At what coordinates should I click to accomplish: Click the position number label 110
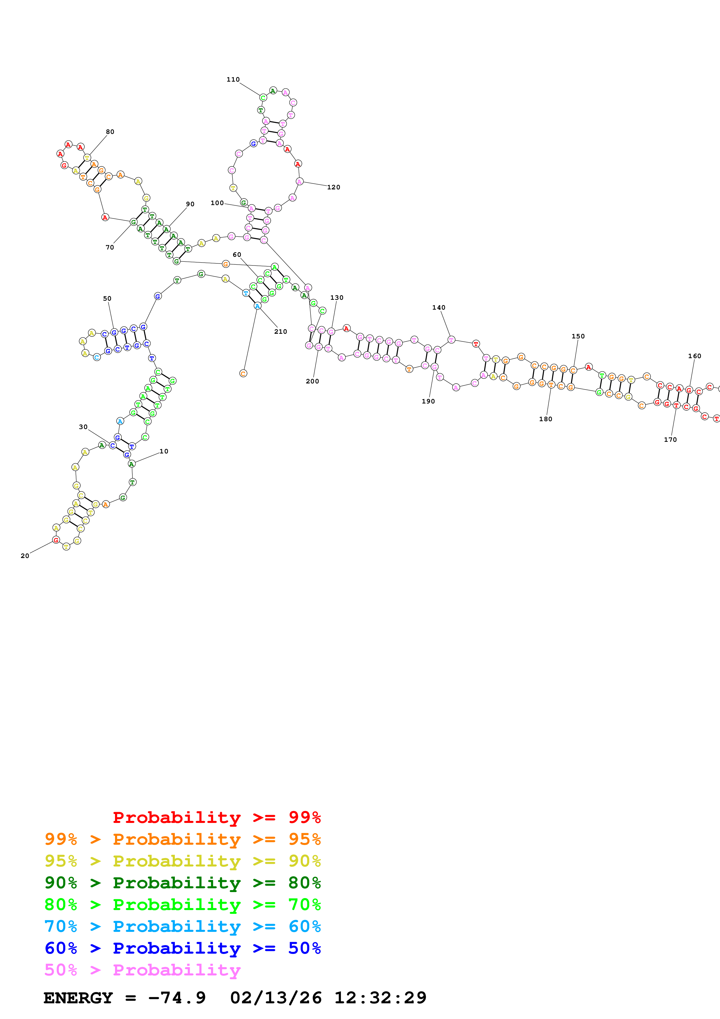click(233, 79)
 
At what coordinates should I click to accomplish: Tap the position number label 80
click(110, 132)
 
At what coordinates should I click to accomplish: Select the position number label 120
click(334, 187)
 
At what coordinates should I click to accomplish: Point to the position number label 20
click(25, 556)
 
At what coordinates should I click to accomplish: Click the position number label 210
click(280, 331)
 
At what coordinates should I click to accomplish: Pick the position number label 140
click(439, 308)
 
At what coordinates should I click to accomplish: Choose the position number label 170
click(670, 440)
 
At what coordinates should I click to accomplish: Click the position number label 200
click(312, 381)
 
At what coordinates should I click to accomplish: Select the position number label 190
click(428, 401)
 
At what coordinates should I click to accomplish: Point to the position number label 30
click(83, 427)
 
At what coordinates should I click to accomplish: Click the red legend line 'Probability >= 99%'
click(216, 817)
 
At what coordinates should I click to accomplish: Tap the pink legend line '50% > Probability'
click(142, 970)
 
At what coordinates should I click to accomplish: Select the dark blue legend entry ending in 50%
click(182, 948)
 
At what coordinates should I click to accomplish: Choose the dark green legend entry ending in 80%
click(182, 883)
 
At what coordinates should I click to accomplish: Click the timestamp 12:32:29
click(380, 998)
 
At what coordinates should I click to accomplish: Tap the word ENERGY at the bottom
click(78, 998)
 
